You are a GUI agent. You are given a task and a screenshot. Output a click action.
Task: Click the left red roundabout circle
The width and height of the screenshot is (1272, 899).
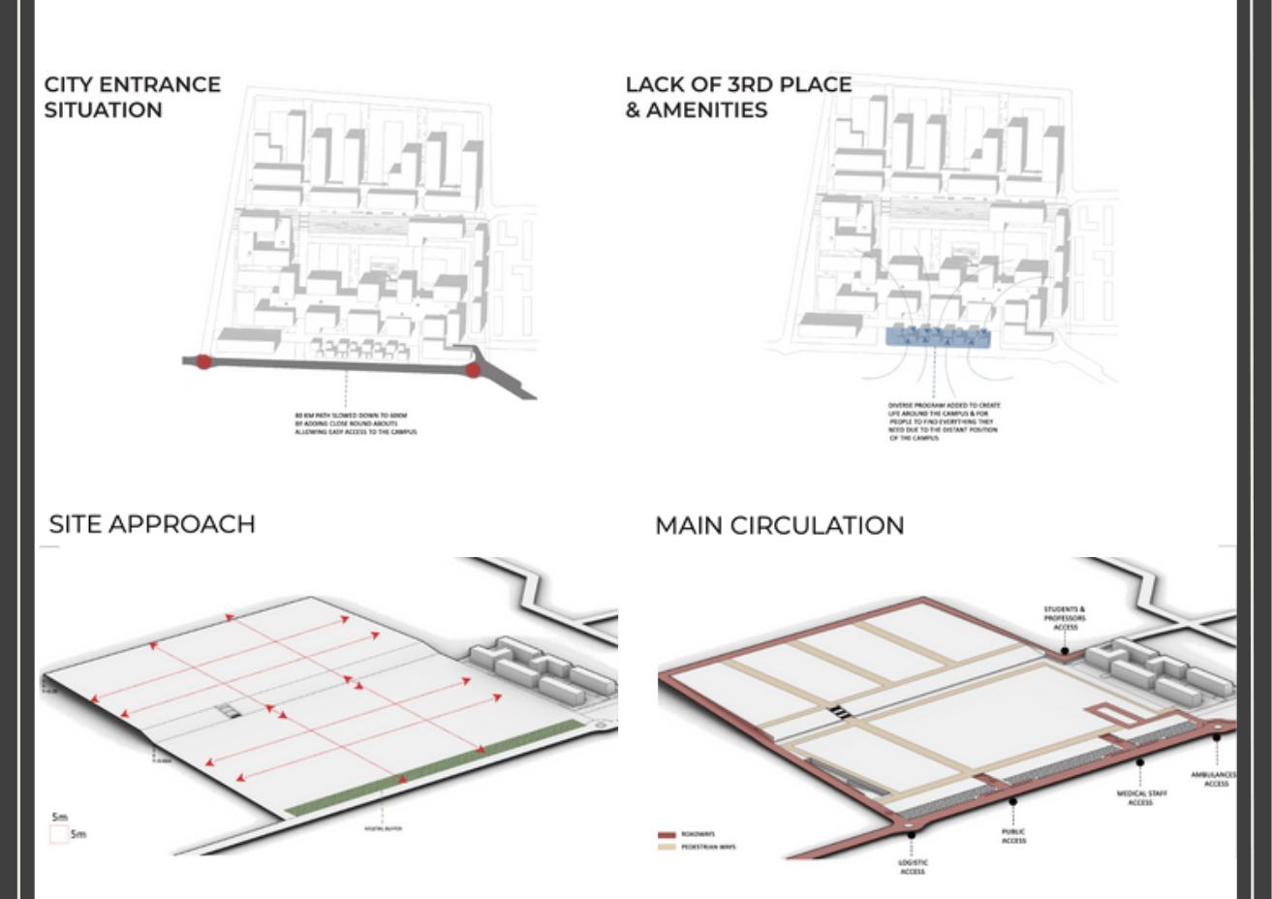(203, 361)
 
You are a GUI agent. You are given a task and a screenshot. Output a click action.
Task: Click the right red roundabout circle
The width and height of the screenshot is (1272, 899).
(473, 369)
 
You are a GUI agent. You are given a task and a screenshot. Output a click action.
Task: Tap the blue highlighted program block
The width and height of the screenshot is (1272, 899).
(937, 336)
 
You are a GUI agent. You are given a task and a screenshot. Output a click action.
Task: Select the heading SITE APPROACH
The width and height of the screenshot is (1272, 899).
(152, 524)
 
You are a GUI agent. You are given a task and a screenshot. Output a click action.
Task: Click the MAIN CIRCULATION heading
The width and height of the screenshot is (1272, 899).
(779, 525)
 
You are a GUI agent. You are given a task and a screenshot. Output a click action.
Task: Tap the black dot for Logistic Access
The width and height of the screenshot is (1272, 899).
(911, 834)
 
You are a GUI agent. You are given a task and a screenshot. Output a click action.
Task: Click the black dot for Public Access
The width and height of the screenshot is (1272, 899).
(1012, 801)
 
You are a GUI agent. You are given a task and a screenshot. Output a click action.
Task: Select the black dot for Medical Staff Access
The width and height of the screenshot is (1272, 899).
(1140, 762)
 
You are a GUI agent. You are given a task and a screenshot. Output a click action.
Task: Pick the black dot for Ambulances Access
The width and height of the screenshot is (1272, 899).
(1217, 738)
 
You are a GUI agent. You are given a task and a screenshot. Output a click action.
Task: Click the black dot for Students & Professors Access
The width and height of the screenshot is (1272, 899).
(1064, 650)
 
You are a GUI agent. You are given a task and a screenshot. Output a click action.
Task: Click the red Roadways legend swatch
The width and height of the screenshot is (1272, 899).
(667, 834)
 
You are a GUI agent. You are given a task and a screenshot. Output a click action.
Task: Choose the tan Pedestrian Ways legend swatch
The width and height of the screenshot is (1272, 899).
(667, 848)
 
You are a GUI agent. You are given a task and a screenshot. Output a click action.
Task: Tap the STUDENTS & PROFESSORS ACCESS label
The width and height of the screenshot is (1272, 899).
(1065, 618)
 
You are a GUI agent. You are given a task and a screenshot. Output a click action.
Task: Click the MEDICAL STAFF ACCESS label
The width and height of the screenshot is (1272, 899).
(1140, 797)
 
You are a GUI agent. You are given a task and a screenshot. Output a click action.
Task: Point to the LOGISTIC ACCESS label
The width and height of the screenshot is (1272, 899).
(913, 866)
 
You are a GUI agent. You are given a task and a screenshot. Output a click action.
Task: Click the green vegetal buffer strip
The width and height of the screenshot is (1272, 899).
(436, 765)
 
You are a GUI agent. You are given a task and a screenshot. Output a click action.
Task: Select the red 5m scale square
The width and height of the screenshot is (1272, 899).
(59, 833)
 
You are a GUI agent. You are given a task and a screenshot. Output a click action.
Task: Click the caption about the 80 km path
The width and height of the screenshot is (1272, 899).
(356, 423)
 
